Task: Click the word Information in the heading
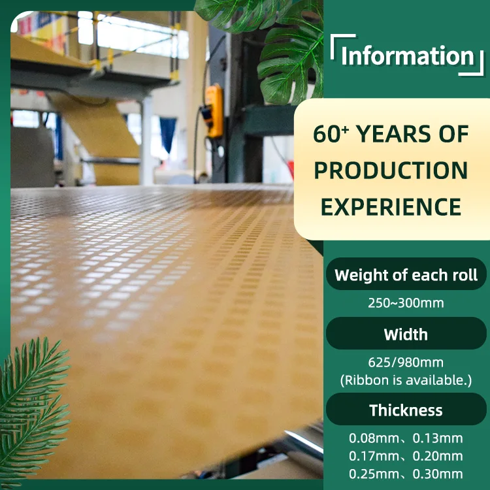(x=408, y=56)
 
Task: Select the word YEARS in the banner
(x=394, y=134)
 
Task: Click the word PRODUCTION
(x=391, y=171)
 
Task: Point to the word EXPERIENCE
(x=391, y=207)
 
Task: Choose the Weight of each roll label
(x=406, y=275)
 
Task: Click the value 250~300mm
(x=406, y=303)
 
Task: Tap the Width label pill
(x=406, y=334)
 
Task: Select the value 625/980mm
(x=406, y=363)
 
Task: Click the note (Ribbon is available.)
(x=406, y=380)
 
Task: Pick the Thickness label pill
(x=406, y=410)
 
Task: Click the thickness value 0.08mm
(x=374, y=438)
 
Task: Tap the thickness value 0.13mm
(x=438, y=438)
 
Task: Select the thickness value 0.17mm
(x=374, y=456)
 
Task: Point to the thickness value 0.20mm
(x=438, y=456)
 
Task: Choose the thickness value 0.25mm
(x=374, y=474)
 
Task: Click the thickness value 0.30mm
(x=438, y=474)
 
